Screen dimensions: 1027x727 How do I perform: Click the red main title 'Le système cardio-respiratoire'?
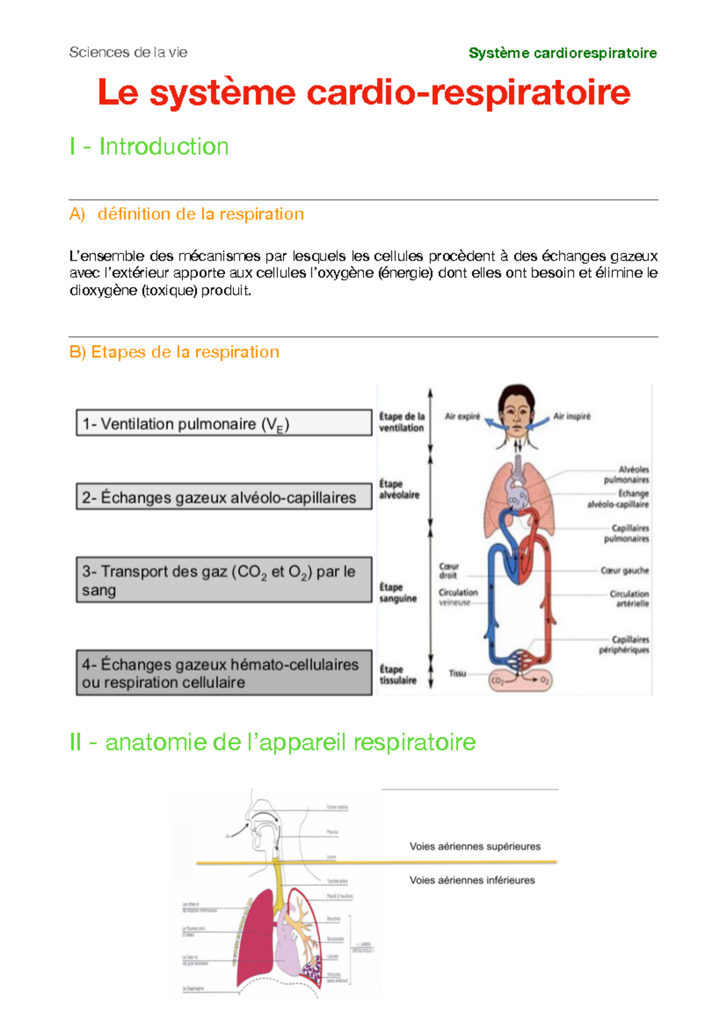[x=363, y=93]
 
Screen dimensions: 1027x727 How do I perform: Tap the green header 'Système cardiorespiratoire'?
[x=562, y=53]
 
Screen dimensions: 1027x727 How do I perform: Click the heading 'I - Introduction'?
[x=149, y=147]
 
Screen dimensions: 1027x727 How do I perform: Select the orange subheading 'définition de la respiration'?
[x=200, y=214]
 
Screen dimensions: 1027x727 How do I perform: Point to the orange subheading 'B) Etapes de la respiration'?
[x=174, y=352]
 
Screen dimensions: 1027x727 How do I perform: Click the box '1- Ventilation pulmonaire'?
[x=224, y=423]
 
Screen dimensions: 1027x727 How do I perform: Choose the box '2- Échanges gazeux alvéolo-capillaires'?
[x=224, y=497]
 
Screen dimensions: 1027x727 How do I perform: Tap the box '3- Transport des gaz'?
[x=224, y=580]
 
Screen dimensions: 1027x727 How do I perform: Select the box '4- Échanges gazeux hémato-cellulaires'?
[x=224, y=673]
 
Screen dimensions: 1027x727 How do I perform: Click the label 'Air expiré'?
[x=462, y=417]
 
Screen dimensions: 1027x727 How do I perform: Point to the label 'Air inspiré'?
[x=571, y=417]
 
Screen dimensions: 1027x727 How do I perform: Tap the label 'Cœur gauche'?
[x=624, y=570]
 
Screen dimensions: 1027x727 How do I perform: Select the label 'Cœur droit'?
[x=448, y=570]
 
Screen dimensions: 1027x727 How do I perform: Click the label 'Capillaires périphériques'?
[x=625, y=644]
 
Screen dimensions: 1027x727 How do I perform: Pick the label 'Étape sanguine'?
[x=398, y=593]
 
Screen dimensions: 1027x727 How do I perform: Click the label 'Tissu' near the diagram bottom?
[x=457, y=673]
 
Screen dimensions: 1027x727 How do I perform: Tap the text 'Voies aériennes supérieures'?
[x=475, y=847]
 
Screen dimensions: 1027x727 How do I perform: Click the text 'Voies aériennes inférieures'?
[x=472, y=880]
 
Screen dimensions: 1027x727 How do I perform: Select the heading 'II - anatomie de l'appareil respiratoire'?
[x=273, y=742]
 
